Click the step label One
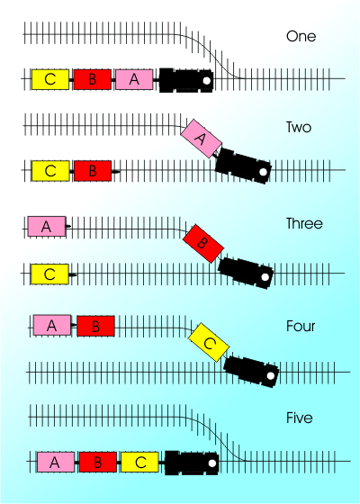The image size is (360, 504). [301, 36]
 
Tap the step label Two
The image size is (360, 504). [299, 127]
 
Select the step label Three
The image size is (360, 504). [304, 223]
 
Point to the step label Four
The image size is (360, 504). [301, 326]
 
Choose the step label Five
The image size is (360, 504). [299, 418]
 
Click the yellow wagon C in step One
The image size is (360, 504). [50, 79]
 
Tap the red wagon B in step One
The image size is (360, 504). [93, 79]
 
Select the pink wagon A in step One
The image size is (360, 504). [134, 79]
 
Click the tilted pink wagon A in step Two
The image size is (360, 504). [202, 139]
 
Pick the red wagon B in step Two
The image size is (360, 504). [93, 171]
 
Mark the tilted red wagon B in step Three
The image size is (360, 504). [203, 244]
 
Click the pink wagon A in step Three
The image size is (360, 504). [47, 227]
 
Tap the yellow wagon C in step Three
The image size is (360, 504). [49, 274]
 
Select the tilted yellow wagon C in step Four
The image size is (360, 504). [209, 342]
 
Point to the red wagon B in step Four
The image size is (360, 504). [95, 326]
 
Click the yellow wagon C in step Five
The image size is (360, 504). [139, 463]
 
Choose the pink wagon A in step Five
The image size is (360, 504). [56, 463]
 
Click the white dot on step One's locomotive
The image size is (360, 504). [207, 80]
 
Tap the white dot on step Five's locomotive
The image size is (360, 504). [212, 463]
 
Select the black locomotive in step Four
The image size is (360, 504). [251, 371]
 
